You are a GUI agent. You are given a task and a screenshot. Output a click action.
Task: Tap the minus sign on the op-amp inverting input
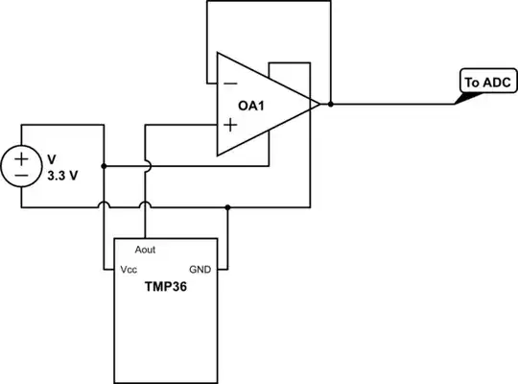coord(230,84)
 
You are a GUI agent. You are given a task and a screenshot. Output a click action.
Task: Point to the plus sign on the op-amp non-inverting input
coord(230,125)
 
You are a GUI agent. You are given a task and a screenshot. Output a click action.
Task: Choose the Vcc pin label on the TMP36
coord(129,270)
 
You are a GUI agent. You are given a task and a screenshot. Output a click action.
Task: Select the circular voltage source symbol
coord(20,165)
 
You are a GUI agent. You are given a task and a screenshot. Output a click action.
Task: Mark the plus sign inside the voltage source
coord(20,156)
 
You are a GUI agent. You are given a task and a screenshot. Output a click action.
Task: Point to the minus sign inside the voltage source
coord(20,175)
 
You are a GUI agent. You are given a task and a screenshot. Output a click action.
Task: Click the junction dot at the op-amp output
coord(330,103)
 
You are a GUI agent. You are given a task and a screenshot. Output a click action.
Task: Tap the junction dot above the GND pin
coord(226,206)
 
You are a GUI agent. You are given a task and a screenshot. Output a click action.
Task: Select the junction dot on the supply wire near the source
coord(104,165)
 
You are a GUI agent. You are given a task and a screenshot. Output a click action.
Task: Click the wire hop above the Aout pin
coord(145,204)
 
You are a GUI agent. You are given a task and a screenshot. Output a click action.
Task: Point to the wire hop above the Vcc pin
coord(104,204)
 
